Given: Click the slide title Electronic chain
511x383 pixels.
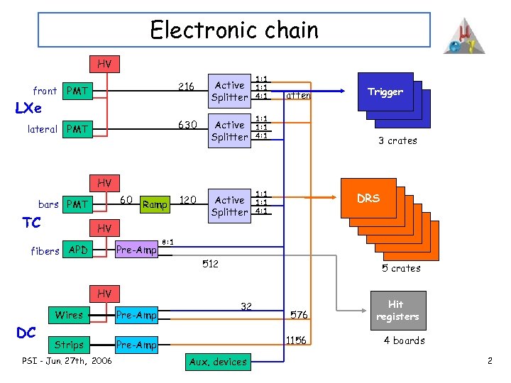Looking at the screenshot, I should [x=234, y=30].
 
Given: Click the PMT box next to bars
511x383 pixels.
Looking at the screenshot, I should [x=77, y=204].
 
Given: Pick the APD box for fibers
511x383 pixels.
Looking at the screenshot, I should [x=77, y=250].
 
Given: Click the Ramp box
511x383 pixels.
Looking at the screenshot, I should [x=155, y=205].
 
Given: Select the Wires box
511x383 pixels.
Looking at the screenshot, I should [x=69, y=315].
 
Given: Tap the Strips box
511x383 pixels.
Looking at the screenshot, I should [x=69, y=345].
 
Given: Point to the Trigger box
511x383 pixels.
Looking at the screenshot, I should [x=385, y=92].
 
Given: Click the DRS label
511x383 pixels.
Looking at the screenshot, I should [x=368, y=199].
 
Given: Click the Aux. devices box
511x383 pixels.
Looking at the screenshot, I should [x=218, y=362].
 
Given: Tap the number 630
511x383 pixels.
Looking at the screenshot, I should [x=187, y=125].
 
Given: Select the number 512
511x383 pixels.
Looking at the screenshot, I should [x=210, y=265].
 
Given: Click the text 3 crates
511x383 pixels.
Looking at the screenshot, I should [x=397, y=140].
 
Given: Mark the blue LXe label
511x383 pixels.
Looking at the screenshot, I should [x=28, y=109].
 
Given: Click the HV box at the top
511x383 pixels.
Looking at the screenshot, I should [x=104, y=64].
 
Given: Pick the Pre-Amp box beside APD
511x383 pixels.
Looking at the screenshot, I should [x=136, y=250].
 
